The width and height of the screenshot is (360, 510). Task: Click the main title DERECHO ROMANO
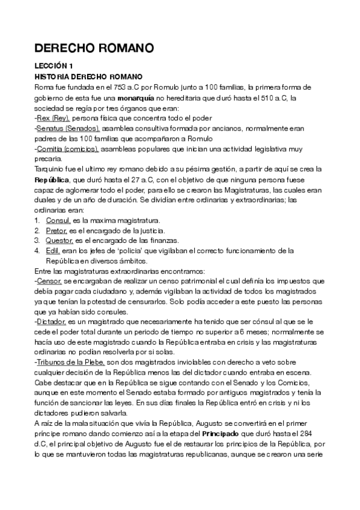94,48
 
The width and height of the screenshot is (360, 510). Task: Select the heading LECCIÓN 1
53,66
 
